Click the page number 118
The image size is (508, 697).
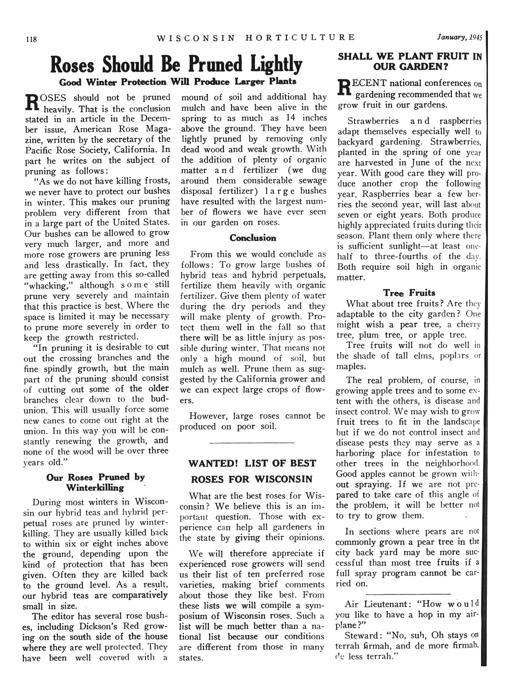point(31,39)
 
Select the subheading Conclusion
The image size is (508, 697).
point(253,238)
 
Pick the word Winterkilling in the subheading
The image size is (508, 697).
point(95,488)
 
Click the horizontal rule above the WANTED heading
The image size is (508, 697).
point(252,443)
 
